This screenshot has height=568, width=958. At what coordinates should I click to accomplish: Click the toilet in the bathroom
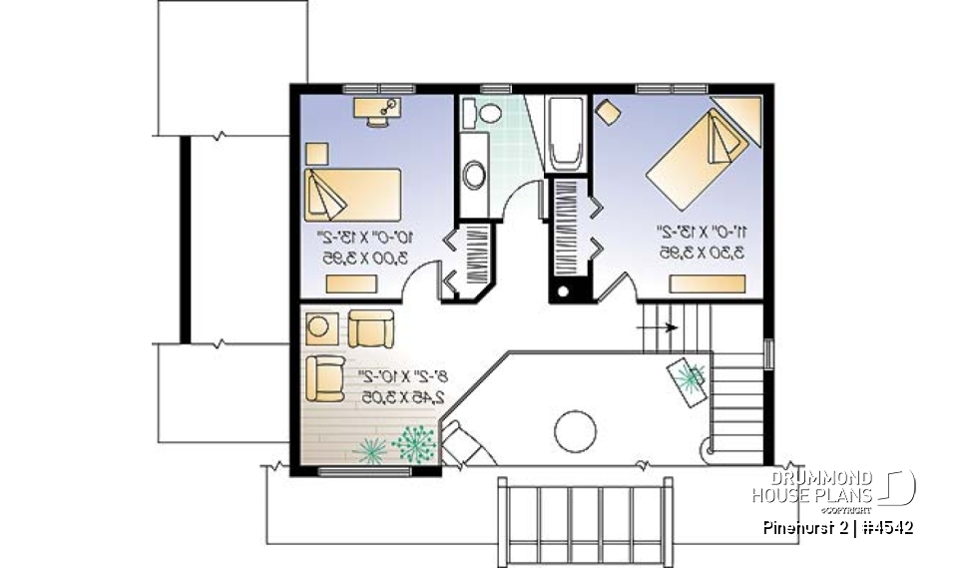click(x=488, y=115)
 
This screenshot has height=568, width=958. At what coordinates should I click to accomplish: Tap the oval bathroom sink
click(x=475, y=176)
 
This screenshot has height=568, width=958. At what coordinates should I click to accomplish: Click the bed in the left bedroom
click(x=351, y=192)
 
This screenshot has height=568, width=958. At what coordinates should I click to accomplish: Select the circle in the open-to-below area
click(x=574, y=431)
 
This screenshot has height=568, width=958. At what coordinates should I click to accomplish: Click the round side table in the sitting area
click(x=321, y=326)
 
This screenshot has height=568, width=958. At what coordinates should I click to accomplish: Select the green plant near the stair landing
click(x=690, y=377)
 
